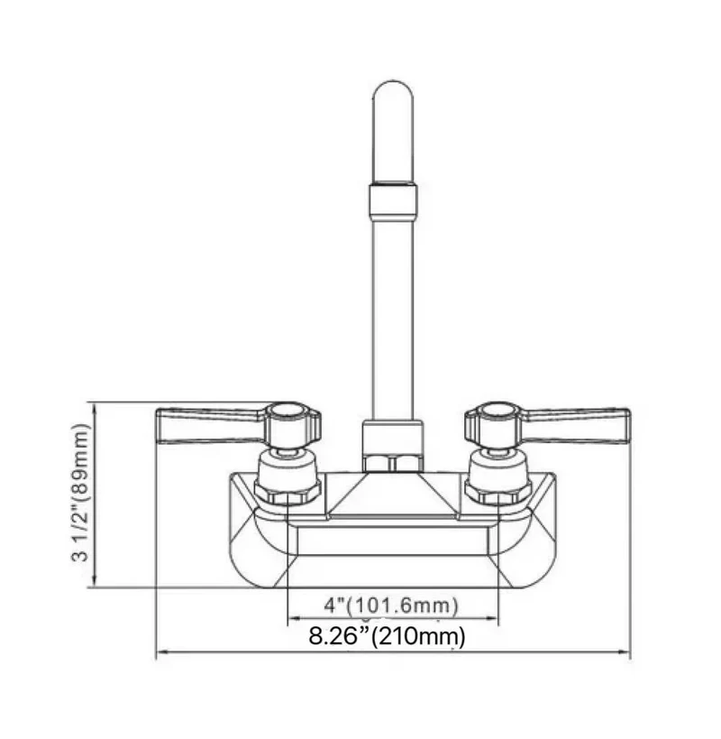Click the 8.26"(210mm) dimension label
click(387, 636)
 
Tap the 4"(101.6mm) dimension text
click(391, 605)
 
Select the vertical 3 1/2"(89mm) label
click(80, 493)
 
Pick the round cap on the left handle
click(287, 411)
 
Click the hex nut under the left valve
click(287, 492)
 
